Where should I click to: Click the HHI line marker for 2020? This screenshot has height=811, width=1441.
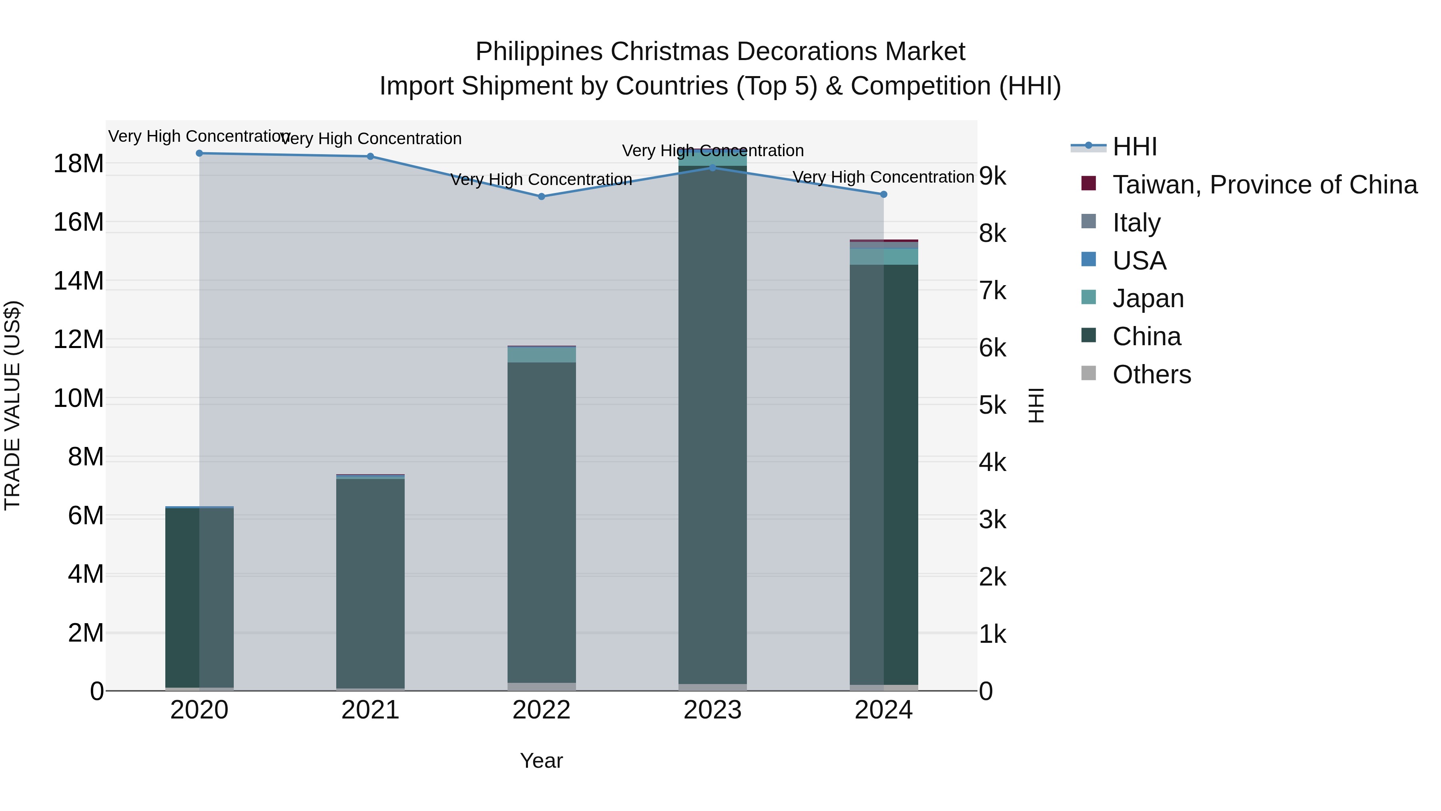click(199, 153)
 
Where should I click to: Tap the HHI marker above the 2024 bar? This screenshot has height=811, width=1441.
click(883, 194)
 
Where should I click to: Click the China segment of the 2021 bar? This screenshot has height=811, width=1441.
click(370, 582)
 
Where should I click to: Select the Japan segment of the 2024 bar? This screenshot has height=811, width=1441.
click(883, 256)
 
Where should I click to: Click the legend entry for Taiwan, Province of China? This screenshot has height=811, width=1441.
click(1264, 185)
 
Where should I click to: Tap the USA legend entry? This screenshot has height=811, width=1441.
click(1139, 261)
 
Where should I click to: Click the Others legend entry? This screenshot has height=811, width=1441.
click(1151, 374)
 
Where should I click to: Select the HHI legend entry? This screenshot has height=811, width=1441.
click(1134, 147)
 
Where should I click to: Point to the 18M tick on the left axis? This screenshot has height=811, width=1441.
click(78, 164)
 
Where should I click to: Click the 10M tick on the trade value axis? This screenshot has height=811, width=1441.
click(78, 398)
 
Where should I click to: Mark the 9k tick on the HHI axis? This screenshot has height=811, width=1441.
click(992, 176)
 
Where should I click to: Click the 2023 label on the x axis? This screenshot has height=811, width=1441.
click(712, 710)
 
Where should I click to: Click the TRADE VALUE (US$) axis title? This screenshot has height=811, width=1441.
click(12, 405)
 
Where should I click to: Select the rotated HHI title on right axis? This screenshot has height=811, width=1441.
click(1036, 405)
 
